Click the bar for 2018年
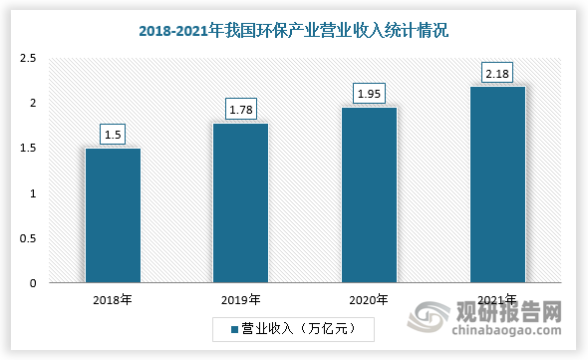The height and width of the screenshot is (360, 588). click(x=113, y=215)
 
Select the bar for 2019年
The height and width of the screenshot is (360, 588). click(x=240, y=203)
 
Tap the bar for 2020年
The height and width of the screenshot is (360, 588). click(x=369, y=195)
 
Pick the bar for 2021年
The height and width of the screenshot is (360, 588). click(x=497, y=184)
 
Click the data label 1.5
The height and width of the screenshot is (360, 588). click(x=113, y=134)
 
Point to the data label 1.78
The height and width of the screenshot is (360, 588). click(x=240, y=108)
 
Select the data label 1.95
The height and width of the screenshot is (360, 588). click(x=369, y=93)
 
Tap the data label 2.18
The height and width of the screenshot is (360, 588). click(x=497, y=72)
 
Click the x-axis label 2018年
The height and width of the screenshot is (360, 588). click(x=113, y=298)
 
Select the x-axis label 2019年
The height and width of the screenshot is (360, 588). click(x=240, y=298)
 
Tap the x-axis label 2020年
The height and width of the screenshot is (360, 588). click(x=369, y=298)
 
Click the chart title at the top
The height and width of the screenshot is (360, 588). click(x=293, y=31)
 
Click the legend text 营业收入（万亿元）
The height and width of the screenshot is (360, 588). click(x=298, y=327)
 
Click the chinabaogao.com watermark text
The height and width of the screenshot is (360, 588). click(x=514, y=326)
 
